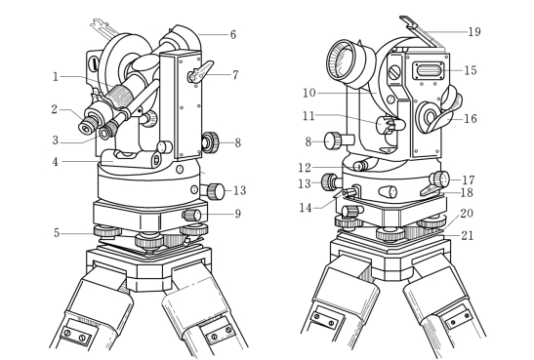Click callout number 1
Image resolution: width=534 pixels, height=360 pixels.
(56, 77)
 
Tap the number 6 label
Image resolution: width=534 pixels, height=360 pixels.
(233, 35)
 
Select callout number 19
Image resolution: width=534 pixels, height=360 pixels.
(474, 31)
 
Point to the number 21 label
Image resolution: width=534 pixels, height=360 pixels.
(467, 235)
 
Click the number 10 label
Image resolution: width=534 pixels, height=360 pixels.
(309, 93)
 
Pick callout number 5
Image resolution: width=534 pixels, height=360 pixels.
(57, 233)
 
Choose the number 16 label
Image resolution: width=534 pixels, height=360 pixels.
(470, 118)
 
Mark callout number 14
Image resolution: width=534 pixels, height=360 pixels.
(306, 208)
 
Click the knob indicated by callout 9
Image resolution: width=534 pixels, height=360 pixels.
(191, 215)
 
